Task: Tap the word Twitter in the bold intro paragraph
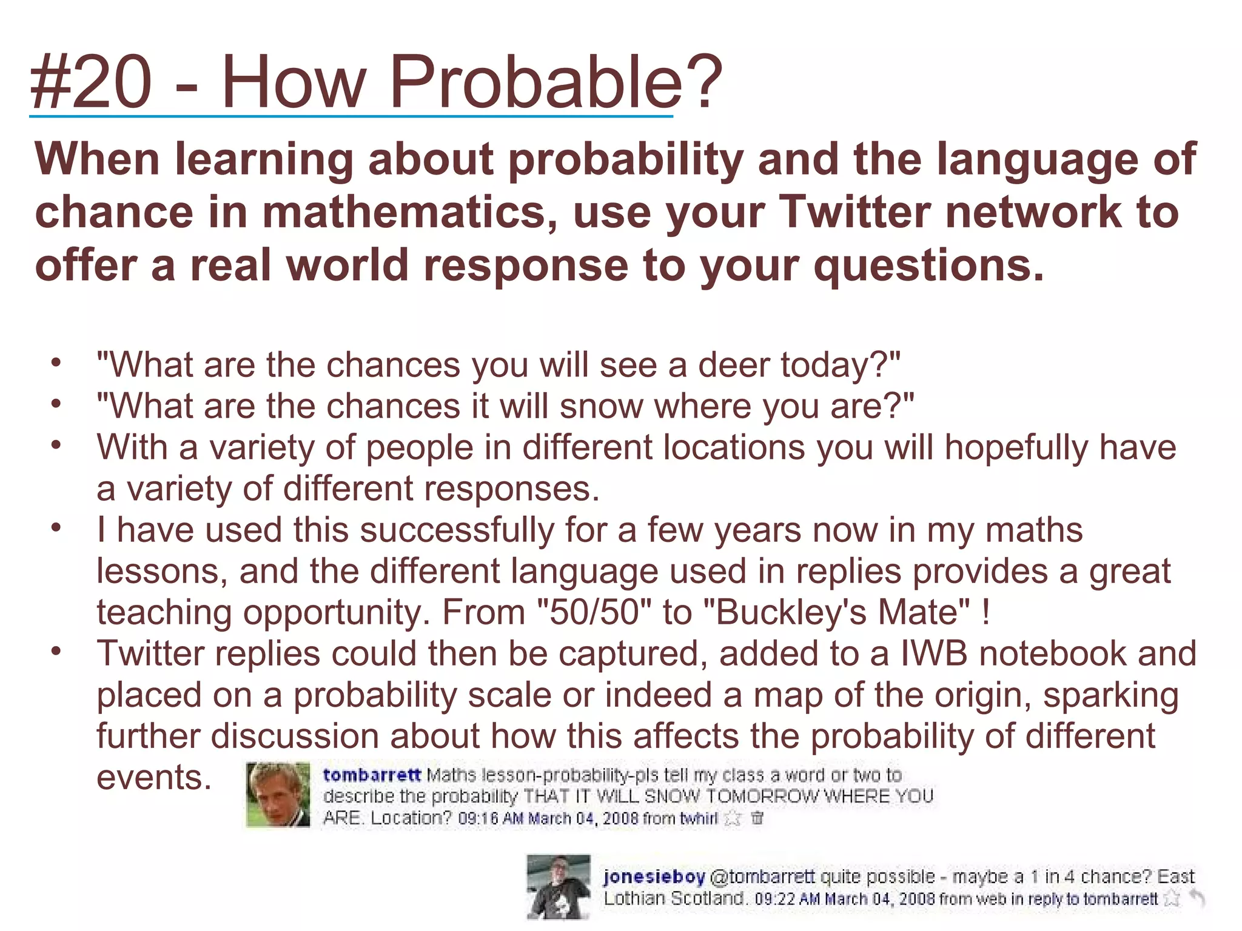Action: [x=854, y=212]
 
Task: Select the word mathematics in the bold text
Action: [x=411, y=212]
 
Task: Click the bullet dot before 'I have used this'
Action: [x=56, y=528]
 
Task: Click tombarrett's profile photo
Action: [x=278, y=795]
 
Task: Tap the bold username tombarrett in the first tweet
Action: [x=372, y=775]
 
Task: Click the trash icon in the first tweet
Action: [x=757, y=818]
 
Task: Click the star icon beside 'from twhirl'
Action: [x=733, y=818]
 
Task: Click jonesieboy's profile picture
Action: [x=559, y=886]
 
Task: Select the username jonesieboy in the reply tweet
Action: [x=654, y=876]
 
